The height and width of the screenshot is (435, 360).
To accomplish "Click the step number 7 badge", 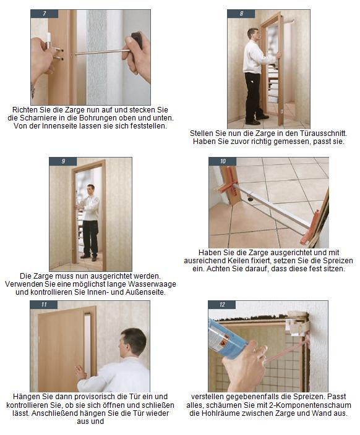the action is [x=45, y=14].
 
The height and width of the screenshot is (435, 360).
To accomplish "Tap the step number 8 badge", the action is [x=241, y=14].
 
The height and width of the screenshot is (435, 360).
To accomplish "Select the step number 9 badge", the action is [x=63, y=161].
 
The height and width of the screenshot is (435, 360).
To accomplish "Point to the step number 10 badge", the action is [x=223, y=161].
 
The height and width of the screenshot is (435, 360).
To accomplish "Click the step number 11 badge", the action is [x=44, y=305].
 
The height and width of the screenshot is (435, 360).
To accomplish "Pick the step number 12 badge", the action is [x=222, y=305].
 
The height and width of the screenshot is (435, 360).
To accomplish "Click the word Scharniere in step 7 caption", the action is [x=37, y=118].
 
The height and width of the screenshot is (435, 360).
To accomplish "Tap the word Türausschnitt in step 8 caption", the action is [x=323, y=133].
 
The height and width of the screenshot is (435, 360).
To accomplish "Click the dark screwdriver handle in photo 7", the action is [x=137, y=41].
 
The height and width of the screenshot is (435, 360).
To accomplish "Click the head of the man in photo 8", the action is [x=253, y=34].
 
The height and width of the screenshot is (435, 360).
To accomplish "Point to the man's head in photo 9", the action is [x=90, y=190].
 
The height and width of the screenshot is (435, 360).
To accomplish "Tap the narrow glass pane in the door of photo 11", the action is [x=88, y=344].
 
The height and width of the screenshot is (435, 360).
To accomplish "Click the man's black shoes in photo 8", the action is [x=257, y=120].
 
